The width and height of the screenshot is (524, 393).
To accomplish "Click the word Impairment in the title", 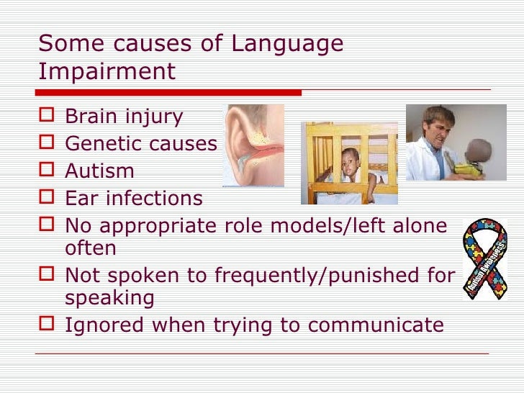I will click(x=107, y=71).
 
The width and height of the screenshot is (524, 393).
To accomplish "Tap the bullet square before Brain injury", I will click(x=48, y=115).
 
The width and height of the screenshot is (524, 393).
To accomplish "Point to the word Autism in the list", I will click(x=99, y=171).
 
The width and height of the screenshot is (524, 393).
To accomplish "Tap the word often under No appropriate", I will click(x=90, y=248).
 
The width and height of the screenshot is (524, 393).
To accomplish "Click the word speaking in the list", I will click(x=109, y=298).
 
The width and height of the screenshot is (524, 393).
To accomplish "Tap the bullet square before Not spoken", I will click(x=48, y=275).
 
